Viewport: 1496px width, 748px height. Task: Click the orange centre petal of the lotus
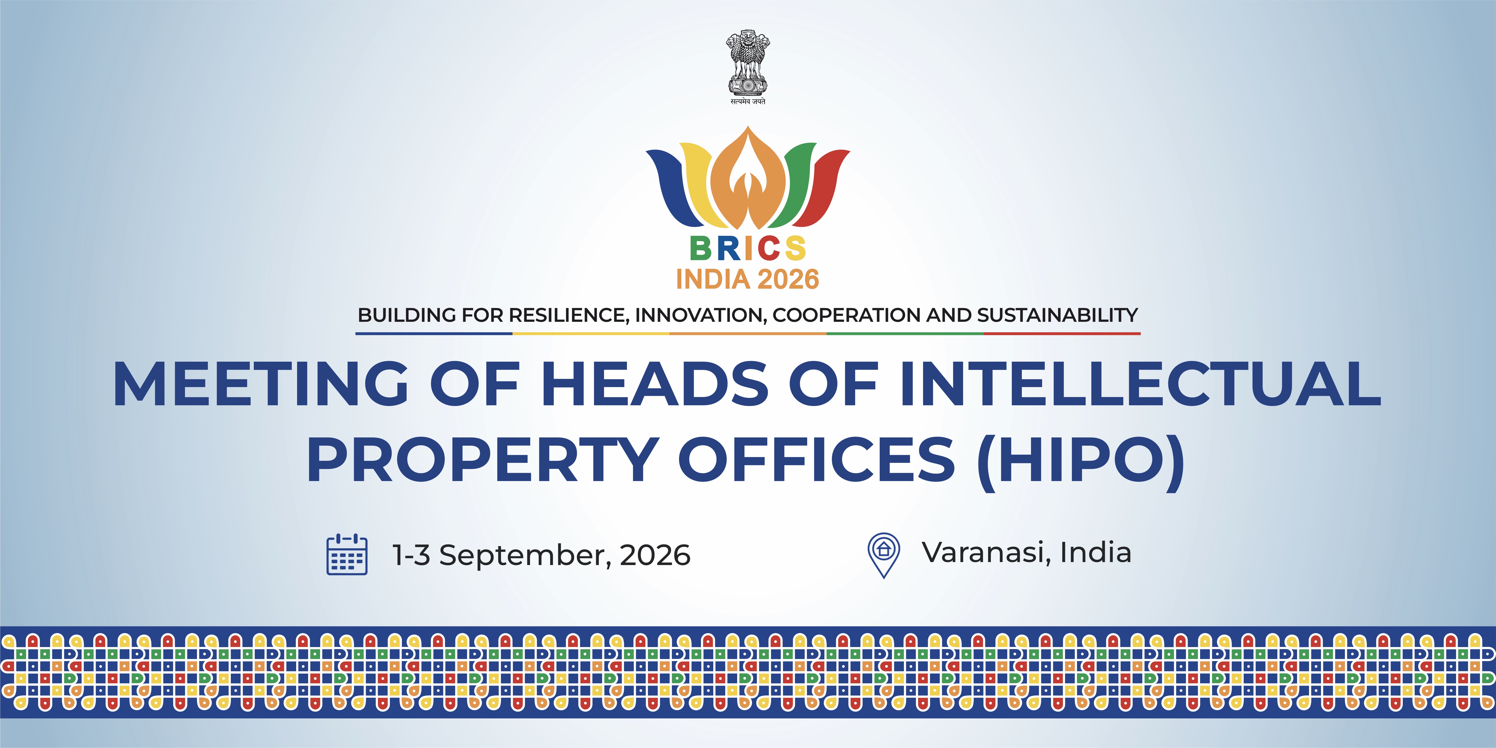point(748,180)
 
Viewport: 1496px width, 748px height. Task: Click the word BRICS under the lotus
point(748,249)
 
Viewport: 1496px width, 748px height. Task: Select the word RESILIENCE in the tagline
point(569,315)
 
